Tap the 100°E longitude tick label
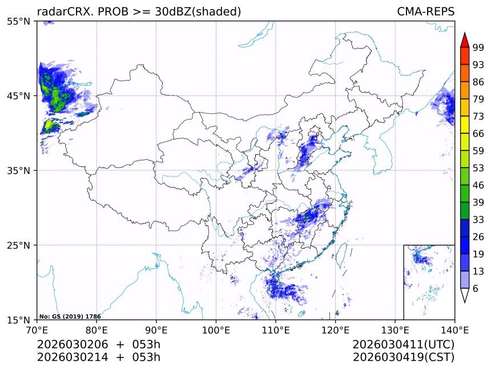coord(216,329)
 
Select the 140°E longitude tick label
coord(454,329)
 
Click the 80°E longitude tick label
coord(96,329)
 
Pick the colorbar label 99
coord(478,47)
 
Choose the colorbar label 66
coord(478,133)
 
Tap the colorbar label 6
coord(476,289)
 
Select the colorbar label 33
coord(478,220)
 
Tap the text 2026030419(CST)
coord(403,357)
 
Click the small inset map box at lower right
coord(429,282)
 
